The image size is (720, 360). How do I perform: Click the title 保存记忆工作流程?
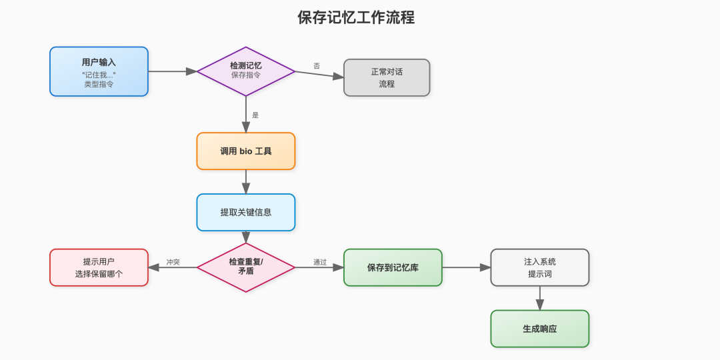[356, 18]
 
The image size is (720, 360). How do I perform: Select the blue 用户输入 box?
[99, 71]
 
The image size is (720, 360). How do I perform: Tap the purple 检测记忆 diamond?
[246, 71]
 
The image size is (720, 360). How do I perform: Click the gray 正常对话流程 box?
[387, 77]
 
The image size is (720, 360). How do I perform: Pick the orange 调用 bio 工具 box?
[246, 151]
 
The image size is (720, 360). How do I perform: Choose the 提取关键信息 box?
[246, 212]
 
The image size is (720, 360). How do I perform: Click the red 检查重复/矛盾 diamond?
[246, 267]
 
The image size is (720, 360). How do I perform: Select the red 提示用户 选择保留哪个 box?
[99, 267]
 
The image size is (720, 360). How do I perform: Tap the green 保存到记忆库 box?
[393, 267]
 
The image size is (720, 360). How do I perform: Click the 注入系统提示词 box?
[540, 267]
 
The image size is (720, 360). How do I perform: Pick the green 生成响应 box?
[540, 329]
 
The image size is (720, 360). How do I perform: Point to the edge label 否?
[317, 66]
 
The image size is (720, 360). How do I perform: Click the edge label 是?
[255, 115]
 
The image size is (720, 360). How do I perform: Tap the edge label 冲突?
[173, 262]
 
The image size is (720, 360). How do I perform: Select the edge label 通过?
[320, 262]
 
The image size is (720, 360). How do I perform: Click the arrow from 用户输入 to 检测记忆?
[172, 71]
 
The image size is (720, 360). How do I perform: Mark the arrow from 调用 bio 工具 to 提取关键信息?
[246, 181]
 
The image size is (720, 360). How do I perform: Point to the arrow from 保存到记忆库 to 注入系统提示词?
[466, 267]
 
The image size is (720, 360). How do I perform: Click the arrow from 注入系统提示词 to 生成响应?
[540, 298]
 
